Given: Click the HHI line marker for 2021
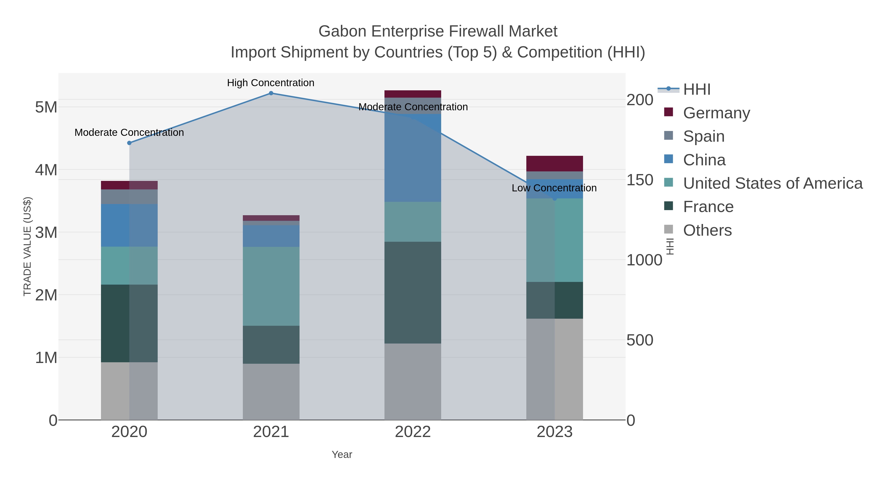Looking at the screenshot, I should point(271,93).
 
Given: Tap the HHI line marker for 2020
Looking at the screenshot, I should point(129,143).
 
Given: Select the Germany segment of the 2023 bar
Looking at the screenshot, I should point(554,164).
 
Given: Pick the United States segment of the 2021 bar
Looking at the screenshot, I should point(271,286).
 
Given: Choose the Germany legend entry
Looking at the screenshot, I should point(716,113).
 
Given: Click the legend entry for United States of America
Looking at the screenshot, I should point(772,183).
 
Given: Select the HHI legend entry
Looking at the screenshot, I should point(696,90).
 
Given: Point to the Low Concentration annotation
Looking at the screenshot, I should point(554,188).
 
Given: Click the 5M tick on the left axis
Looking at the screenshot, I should point(46,107).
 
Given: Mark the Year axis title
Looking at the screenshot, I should point(342,455).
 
